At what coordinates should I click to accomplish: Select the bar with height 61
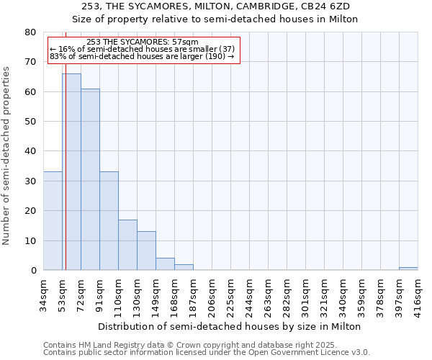pos(90,179)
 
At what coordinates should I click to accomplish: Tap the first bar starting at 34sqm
pos(53,220)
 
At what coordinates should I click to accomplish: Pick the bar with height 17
pos(127,245)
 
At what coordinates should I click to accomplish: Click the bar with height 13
pos(146,251)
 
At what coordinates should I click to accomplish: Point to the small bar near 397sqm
pos(408,269)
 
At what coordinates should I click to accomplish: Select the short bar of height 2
pos(184,267)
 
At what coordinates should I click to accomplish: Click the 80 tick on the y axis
pos(30,32)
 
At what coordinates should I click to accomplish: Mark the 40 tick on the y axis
pos(30,151)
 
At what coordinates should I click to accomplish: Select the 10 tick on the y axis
pos(30,240)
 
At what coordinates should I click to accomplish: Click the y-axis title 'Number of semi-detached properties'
pos(6,156)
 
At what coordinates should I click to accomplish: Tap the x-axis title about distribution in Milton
pos(229,326)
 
